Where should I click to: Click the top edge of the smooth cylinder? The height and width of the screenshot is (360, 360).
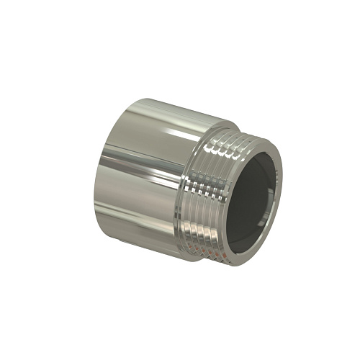166,104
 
